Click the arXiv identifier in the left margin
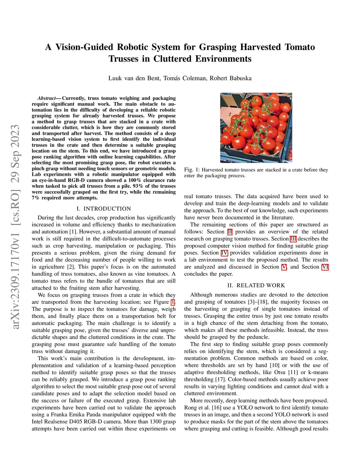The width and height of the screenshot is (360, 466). pos(15,227)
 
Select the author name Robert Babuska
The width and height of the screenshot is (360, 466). pos(231,78)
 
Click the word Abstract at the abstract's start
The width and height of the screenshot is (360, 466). pos(46,98)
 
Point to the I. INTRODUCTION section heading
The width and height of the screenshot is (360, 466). pos(103,209)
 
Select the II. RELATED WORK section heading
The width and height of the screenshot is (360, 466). pos(256,285)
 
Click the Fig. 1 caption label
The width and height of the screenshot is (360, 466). pos(192,170)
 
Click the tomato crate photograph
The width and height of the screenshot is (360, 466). pos(256,128)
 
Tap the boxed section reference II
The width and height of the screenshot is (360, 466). pos(230,232)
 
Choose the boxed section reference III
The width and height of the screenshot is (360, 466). pos(293,239)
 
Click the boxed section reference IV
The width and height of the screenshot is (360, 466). pos(224,253)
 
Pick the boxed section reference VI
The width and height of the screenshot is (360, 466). pos(325,267)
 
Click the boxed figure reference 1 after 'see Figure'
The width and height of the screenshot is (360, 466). pos(173,302)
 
